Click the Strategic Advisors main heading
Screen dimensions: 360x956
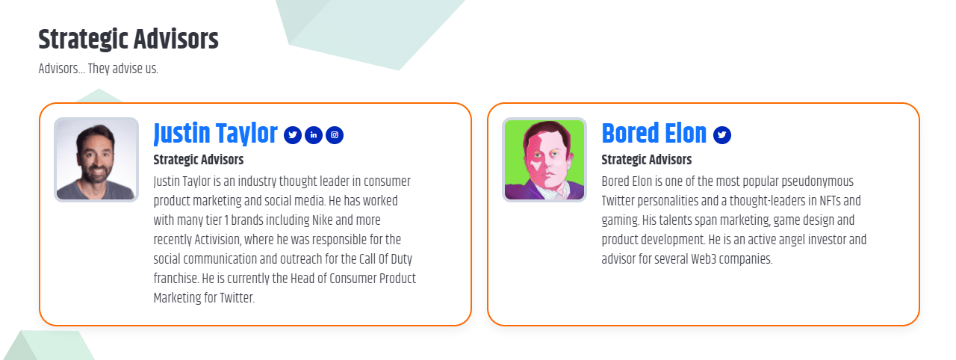(x=128, y=40)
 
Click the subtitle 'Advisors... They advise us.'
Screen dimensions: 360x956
(x=98, y=69)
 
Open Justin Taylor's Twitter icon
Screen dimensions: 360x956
(x=293, y=135)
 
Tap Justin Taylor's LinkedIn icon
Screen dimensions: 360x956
(x=314, y=135)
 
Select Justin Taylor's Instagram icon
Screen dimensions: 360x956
(x=335, y=135)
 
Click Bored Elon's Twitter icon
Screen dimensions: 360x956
(x=721, y=135)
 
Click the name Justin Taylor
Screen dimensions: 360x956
(x=215, y=134)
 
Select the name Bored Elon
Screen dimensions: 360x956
(x=654, y=134)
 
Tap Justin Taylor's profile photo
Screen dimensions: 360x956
(x=96, y=160)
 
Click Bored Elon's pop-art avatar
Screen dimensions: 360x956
(x=544, y=160)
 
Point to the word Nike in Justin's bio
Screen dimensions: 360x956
(x=323, y=221)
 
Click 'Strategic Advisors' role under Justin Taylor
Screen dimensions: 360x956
(x=198, y=160)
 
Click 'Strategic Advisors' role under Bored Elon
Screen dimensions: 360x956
(x=646, y=160)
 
